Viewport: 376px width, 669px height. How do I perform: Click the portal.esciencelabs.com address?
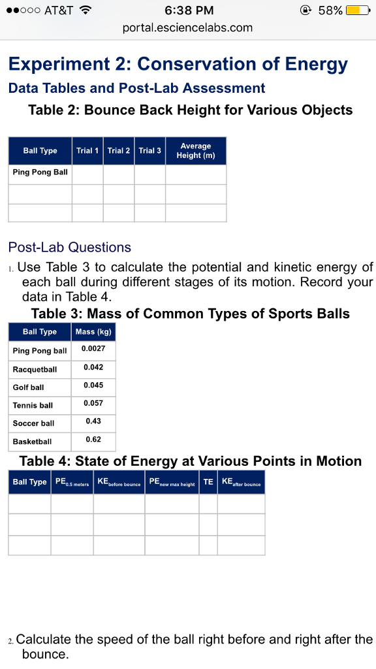pos(187,28)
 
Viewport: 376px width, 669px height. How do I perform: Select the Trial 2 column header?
pos(119,150)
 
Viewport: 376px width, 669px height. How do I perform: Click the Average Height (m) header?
pos(196,150)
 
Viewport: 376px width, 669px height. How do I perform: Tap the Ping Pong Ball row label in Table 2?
pos(40,172)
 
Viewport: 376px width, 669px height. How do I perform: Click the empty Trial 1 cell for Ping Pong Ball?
pos(87,174)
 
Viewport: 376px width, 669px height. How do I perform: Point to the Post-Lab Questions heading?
pos(70,247)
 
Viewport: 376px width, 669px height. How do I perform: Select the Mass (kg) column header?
pos(93,332)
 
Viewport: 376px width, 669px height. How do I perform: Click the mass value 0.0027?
pos(93,349)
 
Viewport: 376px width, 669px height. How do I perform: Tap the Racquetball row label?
pos(35,369)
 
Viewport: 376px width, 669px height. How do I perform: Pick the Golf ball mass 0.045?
pos(93,385)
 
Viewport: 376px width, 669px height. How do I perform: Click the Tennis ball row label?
pos(33,405)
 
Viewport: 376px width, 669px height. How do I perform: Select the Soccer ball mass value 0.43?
pos(93,421)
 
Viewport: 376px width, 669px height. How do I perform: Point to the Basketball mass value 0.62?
pos(93,439)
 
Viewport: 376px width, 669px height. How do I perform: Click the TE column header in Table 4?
pos(208,482)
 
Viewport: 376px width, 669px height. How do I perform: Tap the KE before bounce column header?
pos(119,483)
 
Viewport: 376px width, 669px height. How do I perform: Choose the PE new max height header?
pos(172,483)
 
